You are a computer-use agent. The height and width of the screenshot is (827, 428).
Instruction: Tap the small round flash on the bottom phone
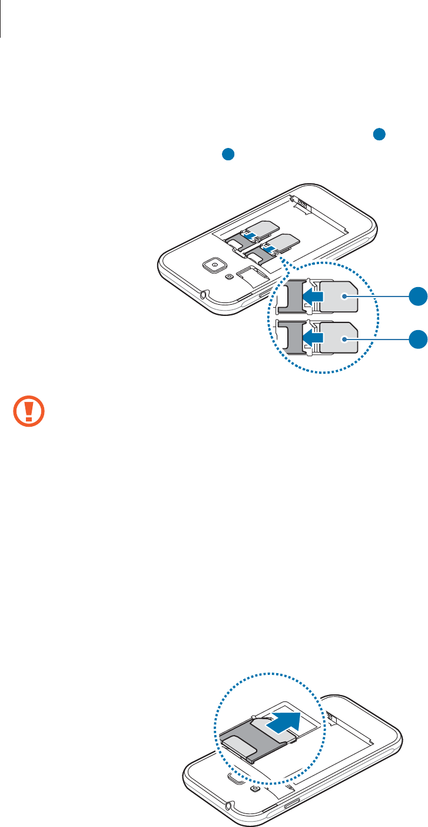254,789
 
